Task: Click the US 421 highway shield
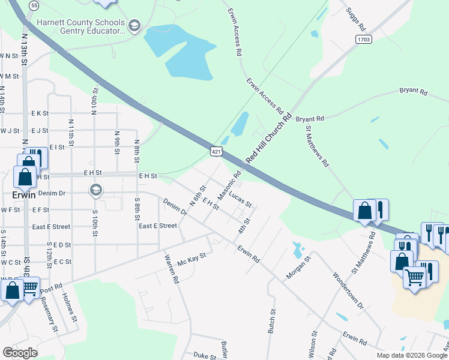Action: pos(217,152)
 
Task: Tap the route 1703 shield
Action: pos(363,40)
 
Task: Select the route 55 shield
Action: pos(34,5)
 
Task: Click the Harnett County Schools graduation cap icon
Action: pos(134,25)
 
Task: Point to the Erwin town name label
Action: pos(25,195)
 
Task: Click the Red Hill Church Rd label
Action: pos(268,137)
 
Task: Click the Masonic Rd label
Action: pos(229,186)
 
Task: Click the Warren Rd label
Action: pos(172,269)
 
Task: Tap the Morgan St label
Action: pos(300,268)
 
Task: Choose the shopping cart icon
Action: pos(414,278)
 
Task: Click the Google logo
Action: pos(20,353)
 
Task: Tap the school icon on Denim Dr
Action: pos(95,190)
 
